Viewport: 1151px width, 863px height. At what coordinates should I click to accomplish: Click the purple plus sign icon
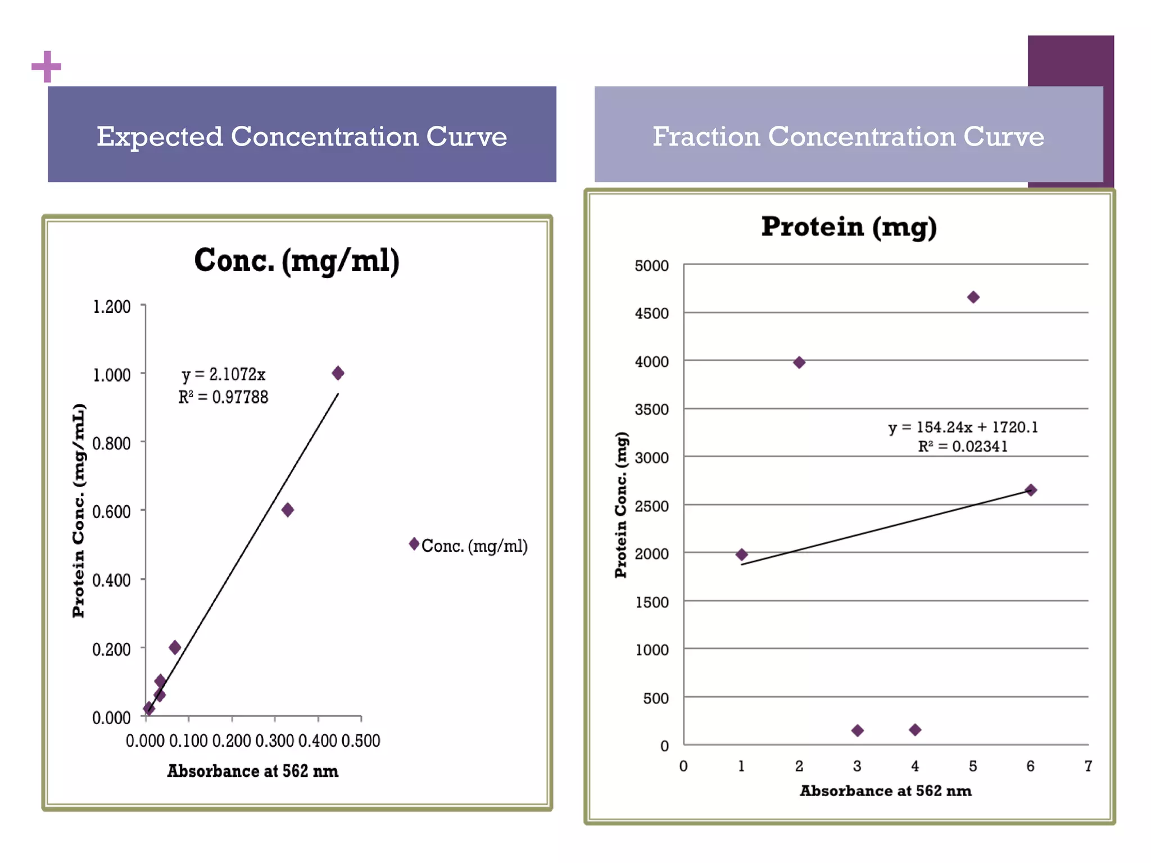(x=46, y=67)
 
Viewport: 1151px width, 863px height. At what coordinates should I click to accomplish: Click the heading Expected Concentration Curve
(x=302, y=136)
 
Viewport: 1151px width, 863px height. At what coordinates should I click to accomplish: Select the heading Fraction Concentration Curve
(x=848, y=136)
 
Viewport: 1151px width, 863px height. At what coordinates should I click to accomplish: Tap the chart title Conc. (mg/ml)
(x=297, y=261)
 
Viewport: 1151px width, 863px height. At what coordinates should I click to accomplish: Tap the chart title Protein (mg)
(x=849, y=226)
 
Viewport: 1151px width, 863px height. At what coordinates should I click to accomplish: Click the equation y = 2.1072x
(x=223, y=374)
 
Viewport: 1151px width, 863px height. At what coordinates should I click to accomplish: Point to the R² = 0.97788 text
(x=223, y=397)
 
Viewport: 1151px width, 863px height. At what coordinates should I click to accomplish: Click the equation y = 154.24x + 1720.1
(x=963, y=427)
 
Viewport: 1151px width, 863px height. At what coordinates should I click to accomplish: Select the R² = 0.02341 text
(x=963, y=447)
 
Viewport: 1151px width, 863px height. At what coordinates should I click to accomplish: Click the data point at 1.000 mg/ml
(x=338, y=373)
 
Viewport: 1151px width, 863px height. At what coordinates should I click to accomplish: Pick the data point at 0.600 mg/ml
(x=288, y=510)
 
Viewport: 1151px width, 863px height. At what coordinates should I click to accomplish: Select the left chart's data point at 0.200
(x=175, y=647)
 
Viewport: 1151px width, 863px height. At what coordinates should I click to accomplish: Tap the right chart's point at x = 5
(x=973, y=297)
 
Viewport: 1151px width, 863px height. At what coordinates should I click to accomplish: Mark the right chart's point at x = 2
(x=799, y=362)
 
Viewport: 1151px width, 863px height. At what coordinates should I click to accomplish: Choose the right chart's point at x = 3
(x=858, y=730)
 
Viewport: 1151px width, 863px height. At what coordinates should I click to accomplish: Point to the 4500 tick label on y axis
(x=652, y=314)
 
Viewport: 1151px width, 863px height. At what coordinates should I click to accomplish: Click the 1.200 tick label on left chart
(x=111, y=307)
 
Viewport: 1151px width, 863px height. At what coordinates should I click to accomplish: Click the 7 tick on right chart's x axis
(x=1088, y=766)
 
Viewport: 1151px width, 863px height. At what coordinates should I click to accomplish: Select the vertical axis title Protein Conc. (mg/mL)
(x=79, y=510)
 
